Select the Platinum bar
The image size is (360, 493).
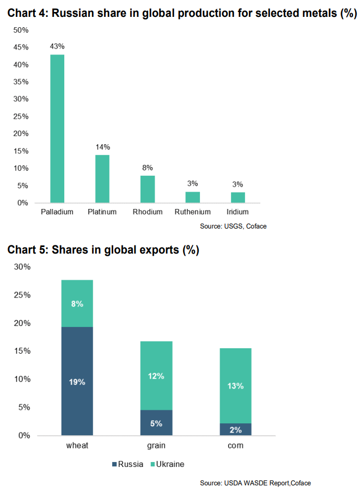point(102,179)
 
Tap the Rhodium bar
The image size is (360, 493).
point(148,189)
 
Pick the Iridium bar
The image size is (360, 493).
point(238,198)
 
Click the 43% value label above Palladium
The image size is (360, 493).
point(57,47)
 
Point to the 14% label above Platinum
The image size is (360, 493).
point(102,147)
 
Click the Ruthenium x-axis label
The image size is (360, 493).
point(193,212)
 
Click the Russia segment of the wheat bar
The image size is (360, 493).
point(77,381)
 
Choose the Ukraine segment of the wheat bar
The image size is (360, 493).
point(77,304)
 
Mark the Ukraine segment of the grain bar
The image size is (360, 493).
point(156,375)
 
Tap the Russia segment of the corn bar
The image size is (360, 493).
point(236,429)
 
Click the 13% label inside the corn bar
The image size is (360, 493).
point(236,386)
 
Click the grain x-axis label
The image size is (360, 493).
point(156,446)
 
